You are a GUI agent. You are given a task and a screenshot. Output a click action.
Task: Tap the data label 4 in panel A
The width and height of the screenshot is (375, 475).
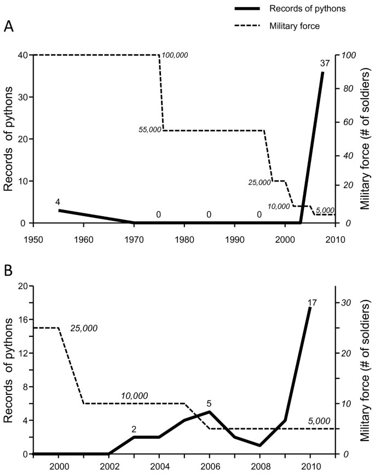(x=58, y=202)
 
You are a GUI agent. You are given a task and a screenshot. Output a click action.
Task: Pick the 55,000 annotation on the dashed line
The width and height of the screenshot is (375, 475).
(x=149, y=130)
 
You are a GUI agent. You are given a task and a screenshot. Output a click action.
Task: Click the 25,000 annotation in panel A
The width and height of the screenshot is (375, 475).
(x=259, y=182)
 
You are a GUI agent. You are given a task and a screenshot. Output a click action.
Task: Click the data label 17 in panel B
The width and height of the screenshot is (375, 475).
(x=312, y=302)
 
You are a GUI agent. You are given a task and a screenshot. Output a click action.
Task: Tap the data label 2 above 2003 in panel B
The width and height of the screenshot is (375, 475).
(x=134, y=429)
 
